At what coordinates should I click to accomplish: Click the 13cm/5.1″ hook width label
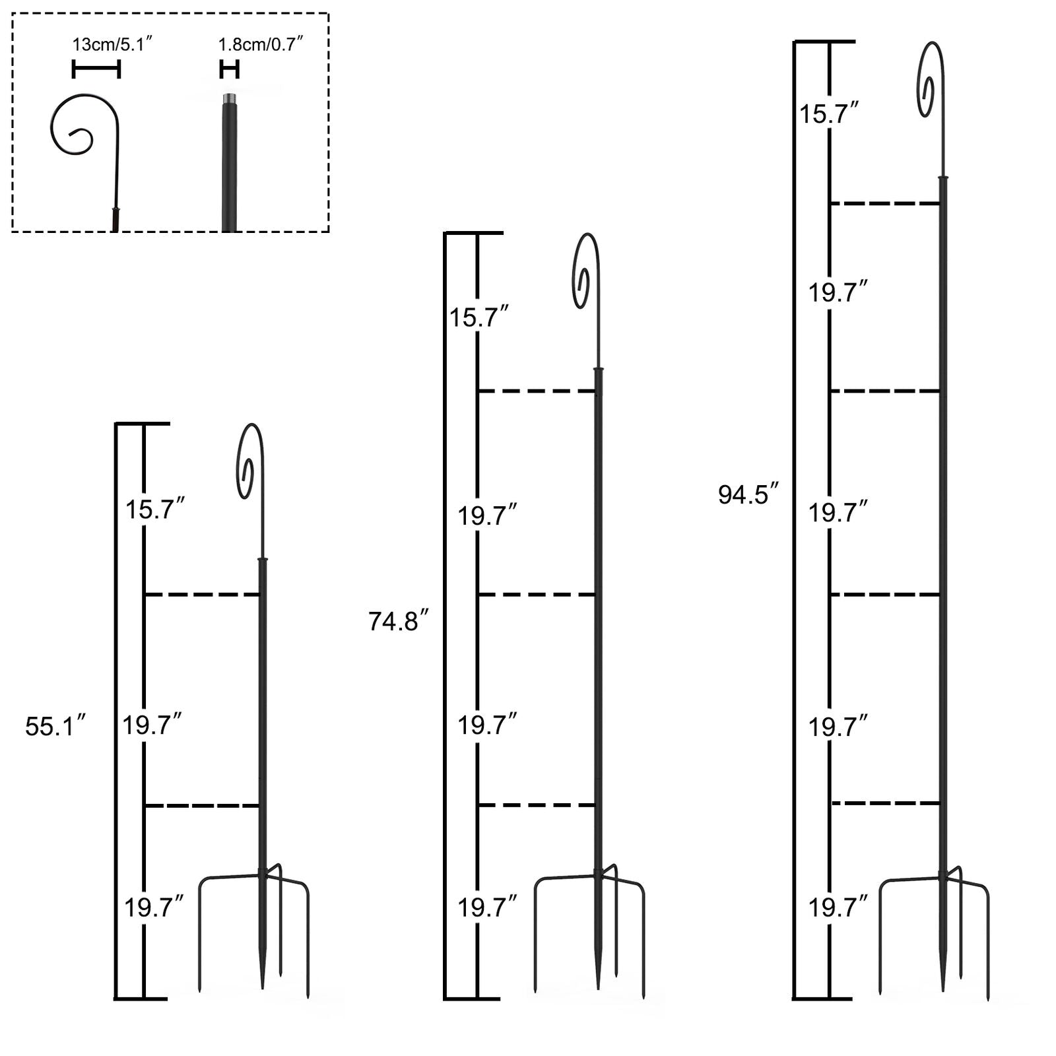[x=113, y=45]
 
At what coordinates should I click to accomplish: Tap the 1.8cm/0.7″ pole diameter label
[x=261, y=45]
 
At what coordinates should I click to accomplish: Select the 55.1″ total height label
[x=55, y=726]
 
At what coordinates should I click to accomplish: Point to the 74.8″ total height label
[x=399, y=621]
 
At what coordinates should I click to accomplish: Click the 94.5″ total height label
[x=748, y=494]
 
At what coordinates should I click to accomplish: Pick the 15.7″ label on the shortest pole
[x=154, y=509]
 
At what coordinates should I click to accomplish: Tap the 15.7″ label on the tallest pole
[x=829, y=114]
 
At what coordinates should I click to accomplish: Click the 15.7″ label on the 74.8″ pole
[x=478, y=317]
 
